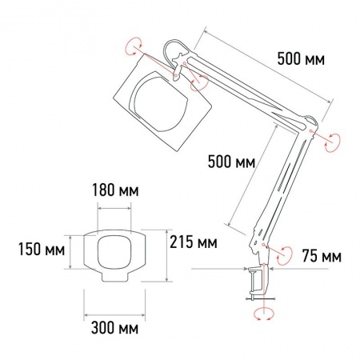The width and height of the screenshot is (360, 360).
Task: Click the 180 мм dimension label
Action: (x=115, y=190)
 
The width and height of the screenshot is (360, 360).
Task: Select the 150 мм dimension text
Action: (x=42, y=250)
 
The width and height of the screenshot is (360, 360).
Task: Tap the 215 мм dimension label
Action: (x=194, y=242)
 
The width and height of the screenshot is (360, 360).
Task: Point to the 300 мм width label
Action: (x=114, y=328)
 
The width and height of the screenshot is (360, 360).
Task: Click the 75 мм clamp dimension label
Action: (x=322, y=256)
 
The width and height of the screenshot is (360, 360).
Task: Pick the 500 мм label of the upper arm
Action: (x=301, y=59)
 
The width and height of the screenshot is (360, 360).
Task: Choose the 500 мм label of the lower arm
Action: (x=231, y=162)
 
